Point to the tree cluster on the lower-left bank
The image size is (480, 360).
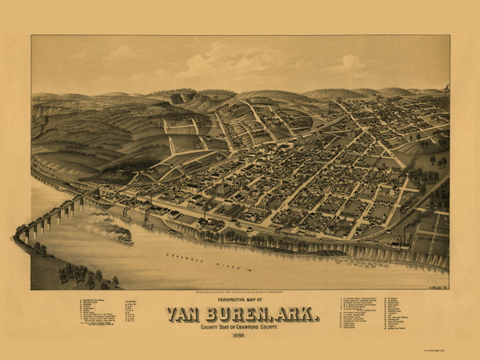pyautogui.click(x=84, y=276)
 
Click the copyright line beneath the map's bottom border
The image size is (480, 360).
pyautogui.click(x=240, y=291)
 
